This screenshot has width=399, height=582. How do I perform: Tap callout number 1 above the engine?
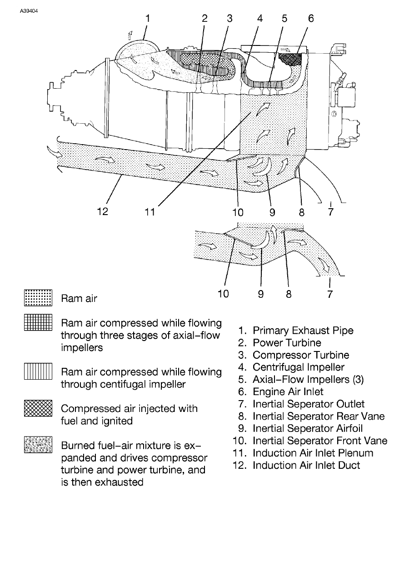(x=147, y=18)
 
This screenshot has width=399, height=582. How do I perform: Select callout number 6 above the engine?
(x=311, y=18)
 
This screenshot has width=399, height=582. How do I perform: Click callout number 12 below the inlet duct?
(x=102, y=212)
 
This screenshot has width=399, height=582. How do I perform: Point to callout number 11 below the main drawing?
(x=150, y=212)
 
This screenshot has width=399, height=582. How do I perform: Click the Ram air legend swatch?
(x=39, y=298)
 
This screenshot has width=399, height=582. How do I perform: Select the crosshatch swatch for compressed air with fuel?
(x=39, y=408)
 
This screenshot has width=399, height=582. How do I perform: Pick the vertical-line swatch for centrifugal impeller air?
(x=39, y=372)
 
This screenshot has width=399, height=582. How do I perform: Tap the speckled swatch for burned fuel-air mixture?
(x=39, y=445)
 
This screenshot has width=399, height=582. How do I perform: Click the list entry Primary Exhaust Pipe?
(x=303, y=331)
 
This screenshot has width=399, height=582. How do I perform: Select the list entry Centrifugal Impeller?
(x=298, y=367)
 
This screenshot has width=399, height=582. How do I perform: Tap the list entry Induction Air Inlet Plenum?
(x=313, y=453)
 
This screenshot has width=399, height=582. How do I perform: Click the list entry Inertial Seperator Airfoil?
(x=308, y=428)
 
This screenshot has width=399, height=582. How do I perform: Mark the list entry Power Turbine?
(x=287, y=343)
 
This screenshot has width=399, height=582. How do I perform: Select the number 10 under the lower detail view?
(x=223, y=294)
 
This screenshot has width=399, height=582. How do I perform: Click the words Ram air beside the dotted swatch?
(x=79, y=299)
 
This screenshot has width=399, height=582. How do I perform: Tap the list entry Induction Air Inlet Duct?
(x=306, y=465)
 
